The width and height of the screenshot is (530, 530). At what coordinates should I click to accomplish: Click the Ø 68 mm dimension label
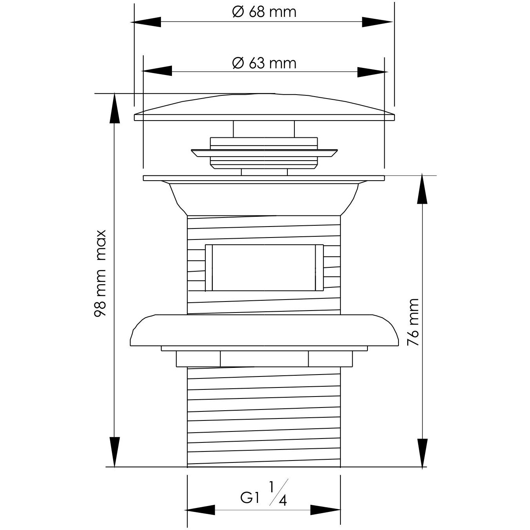[x=264, y=12]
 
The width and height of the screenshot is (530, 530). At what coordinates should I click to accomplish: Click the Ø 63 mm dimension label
[x=264, y=63]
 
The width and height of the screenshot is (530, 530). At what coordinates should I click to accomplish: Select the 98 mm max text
[x=100, y=273]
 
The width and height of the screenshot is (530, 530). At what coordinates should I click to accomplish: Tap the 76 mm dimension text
[x=413, y=322]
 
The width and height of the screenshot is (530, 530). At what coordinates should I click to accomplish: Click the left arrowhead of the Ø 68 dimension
[x=147, y=22]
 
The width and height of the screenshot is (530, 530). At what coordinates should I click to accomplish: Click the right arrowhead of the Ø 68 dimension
[x=377, y=22]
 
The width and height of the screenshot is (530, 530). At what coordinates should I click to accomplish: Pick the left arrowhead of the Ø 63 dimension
[x=157, y=71]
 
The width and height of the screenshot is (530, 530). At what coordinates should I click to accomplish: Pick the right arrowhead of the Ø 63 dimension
[x=371, y=71]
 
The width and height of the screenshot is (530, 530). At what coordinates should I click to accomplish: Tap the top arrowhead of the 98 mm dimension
[x=114, y=108]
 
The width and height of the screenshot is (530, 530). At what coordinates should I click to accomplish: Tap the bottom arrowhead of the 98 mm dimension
[x=114, y=452]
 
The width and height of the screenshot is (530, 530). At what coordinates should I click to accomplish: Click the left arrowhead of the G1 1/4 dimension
[x=201, y=510]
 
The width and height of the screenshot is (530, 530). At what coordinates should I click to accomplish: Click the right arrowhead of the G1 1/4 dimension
[x=325, y=510]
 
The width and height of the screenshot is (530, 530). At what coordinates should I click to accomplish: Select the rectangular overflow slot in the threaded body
[x=264, y=267]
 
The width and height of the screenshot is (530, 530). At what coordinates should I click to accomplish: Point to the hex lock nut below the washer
[x=264, y=359]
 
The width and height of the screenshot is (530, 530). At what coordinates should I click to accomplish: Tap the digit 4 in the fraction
[x=282, y=501]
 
